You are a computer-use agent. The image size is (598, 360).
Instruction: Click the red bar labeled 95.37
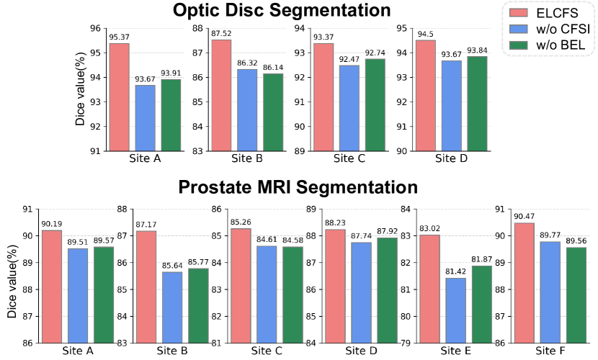pyautogui.click(x=119, y=97)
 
